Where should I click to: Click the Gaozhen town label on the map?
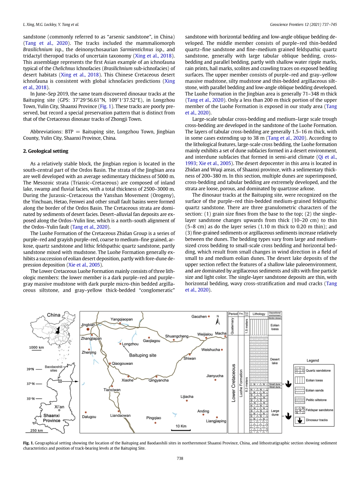[199, 316]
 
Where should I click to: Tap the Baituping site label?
[142, 355]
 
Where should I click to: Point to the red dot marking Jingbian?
[88, 330]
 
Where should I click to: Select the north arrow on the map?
[217, 321]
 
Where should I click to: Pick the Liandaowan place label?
[120, 415]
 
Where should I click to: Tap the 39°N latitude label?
[30, 369]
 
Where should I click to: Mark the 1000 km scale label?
[36, 347]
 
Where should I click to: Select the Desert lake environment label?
[275, 361]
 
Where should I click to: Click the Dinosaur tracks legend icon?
[299, 420]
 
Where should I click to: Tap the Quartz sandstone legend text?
[318, 371]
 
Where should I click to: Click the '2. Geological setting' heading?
[44, 151]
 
